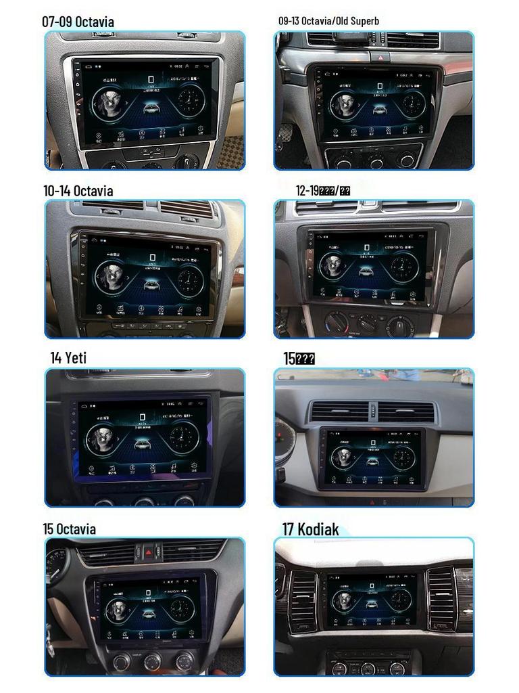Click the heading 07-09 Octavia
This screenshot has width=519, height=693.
pyautogui.click(x=78, y=22)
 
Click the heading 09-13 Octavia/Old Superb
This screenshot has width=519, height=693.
pyautogui.click(x=328, y=21)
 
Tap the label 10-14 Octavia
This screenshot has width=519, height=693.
pyautogui.click(x=78, y=191)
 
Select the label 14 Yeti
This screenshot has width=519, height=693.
pyautogui.click(x=68, y=358)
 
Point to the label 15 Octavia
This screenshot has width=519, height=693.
pyautogui.click(x=69, y=529)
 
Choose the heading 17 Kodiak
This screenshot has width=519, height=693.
pyautogui.click(x=310, y=529)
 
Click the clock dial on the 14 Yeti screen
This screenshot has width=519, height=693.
pyautogui.click(x=182, y=437)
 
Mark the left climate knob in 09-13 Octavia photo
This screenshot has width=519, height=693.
pyautogui.click(x=343, y=161)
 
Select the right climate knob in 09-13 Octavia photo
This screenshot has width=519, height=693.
pyautogui.click(x=406, y=161)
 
